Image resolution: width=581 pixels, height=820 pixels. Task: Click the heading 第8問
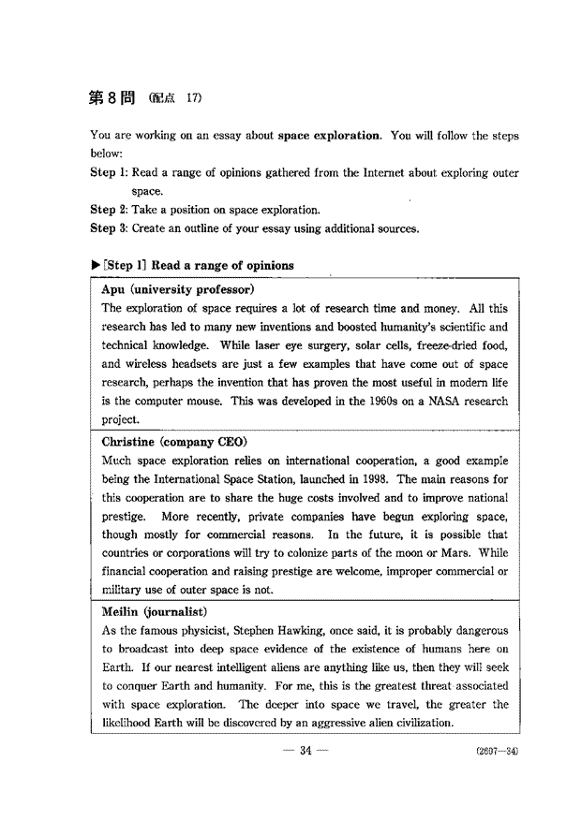pyautogui.click(x=111, y=97)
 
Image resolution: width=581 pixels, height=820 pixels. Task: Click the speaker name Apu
pyautogui.click(x=119, y=290)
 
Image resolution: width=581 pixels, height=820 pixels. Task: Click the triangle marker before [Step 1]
pyautogui.click(x=95, y=265)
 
